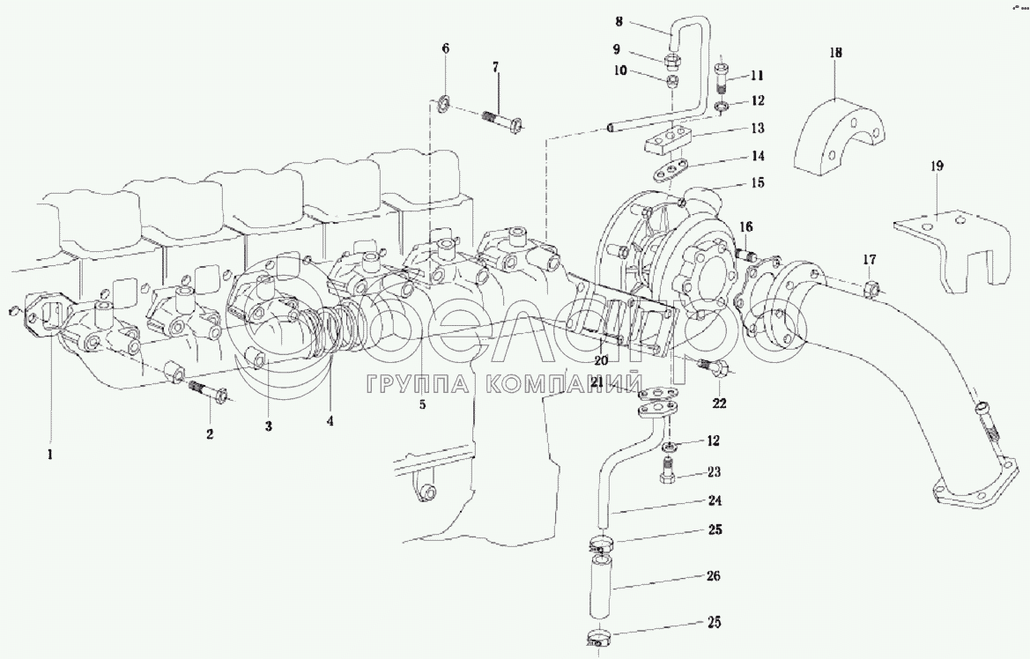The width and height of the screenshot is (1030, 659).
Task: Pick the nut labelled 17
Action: [870, 288]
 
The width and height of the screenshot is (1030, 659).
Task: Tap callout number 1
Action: [50, 455]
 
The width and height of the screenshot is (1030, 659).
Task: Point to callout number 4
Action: [330, 421]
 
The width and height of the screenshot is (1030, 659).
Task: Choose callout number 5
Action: [422, 404]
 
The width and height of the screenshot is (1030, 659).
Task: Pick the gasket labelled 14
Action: [674, 168]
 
